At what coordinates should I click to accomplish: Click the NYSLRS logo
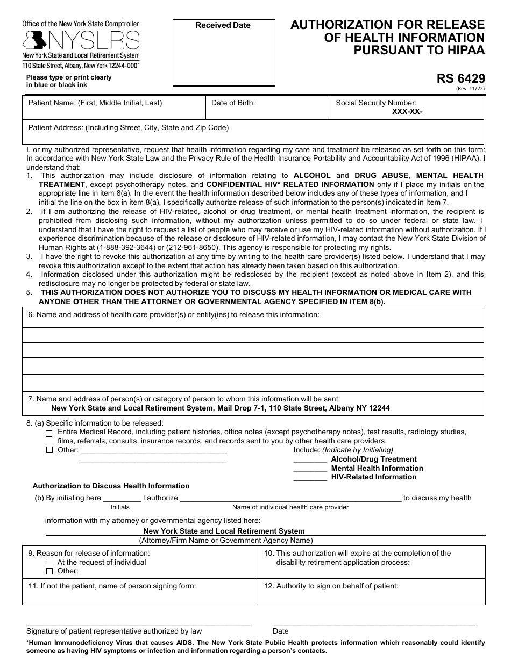tap(81, 40)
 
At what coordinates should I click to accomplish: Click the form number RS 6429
tap(462, 79)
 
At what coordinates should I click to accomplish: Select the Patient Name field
tap(113, 110)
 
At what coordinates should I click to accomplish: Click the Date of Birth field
tap(267, 110)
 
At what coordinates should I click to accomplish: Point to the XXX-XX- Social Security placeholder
tap(407, 112)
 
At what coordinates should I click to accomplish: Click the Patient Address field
tap(253, 134)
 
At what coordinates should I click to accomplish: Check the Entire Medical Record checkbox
tap(49, 433)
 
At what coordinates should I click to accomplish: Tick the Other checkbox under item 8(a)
tap(49, 450)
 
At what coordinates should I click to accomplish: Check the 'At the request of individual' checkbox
tap(49, 563)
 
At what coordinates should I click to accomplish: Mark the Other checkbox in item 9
tap(49, 571)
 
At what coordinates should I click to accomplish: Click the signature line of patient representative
tap(139, 623)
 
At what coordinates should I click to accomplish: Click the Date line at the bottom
tap(374, 623)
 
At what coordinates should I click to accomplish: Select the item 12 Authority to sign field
tap(372, 594)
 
